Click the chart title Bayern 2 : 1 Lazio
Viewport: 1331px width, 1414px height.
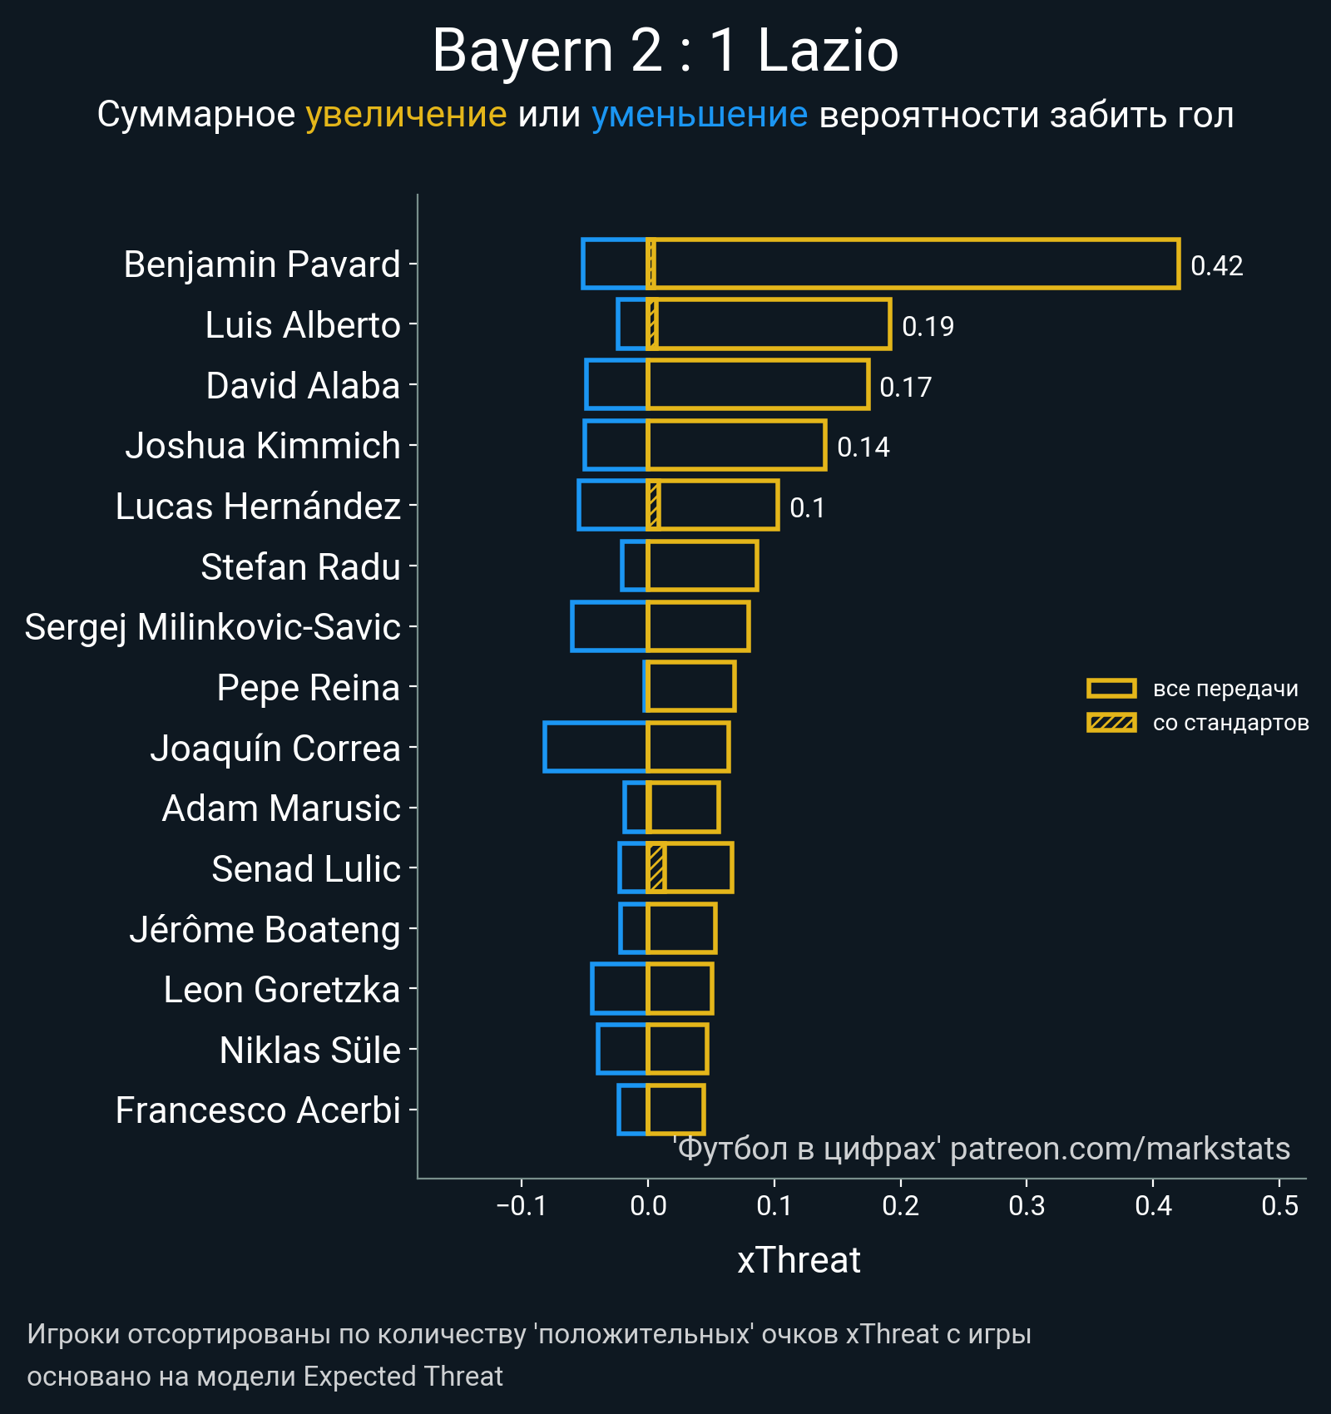coord(665,52)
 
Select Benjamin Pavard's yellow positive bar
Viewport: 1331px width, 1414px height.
coord(915,264)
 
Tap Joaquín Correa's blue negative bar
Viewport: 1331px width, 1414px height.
coord(596,747)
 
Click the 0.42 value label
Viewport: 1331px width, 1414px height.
coord(1216,266)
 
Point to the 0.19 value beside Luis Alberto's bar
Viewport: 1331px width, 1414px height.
coord(928,326)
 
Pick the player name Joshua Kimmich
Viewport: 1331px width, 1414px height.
coord(263,446)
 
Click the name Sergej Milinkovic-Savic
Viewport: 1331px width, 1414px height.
coord(213,627)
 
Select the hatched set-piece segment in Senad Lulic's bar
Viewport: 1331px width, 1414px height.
coord(656,868)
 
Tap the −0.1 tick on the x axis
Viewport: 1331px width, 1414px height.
coord(522,1205)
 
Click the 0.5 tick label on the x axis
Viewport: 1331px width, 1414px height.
coord(1279,1205)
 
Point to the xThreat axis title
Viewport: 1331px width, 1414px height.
coord(799,1260)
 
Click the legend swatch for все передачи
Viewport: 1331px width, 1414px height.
coord(1111,689)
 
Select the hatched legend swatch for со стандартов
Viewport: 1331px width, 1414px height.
coord(1111,723)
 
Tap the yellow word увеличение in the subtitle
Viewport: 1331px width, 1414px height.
coord(406,115)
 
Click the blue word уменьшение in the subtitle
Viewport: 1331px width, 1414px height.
coord(699,115)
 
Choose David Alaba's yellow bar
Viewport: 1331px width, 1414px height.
coord(758,385)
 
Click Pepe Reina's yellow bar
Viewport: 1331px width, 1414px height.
coord(691,687)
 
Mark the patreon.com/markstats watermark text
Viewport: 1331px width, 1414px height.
coord(1120,1149)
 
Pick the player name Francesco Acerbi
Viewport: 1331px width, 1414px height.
coord(258,1110)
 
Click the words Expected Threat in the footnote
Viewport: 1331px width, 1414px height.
coord(403,1377)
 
